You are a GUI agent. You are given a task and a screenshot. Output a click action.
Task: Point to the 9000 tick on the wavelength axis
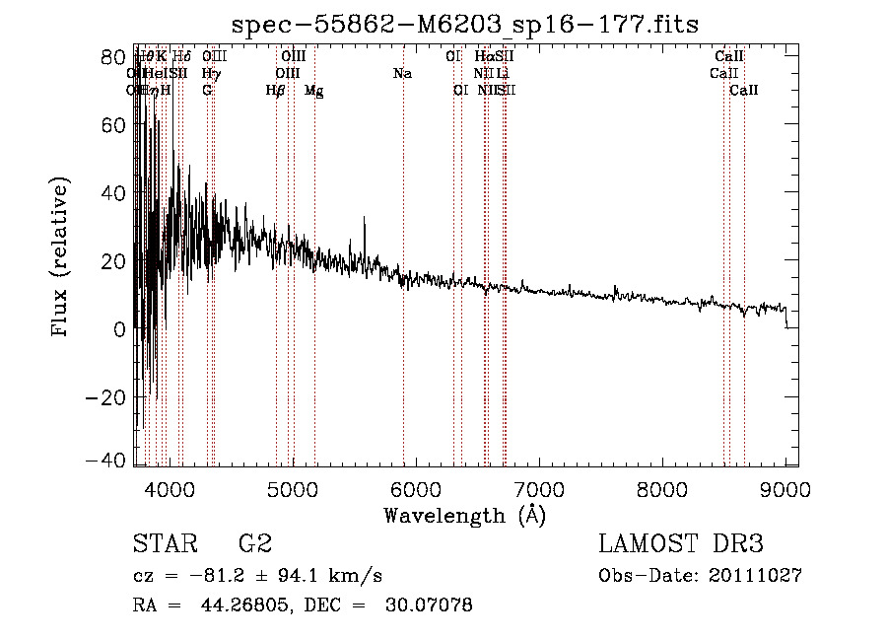(785, 488)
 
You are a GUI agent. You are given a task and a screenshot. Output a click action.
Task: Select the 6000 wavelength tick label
(416, 488)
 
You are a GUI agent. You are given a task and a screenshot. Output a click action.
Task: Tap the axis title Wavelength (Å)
(464, 515)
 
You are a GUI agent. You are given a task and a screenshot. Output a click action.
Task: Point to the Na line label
(402, 73)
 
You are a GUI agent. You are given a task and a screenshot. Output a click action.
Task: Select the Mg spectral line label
(314, 91)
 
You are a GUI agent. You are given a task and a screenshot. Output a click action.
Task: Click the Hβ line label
(276, 90)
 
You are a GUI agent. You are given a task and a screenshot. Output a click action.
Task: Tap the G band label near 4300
(207, 90)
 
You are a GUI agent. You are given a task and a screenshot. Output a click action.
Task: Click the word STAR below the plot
(164, 544)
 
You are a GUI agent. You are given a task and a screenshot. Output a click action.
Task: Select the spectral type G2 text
(254, 544)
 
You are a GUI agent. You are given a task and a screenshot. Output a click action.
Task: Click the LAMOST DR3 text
(681, 544)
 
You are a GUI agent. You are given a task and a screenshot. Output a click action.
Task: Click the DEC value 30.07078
(429, 605)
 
